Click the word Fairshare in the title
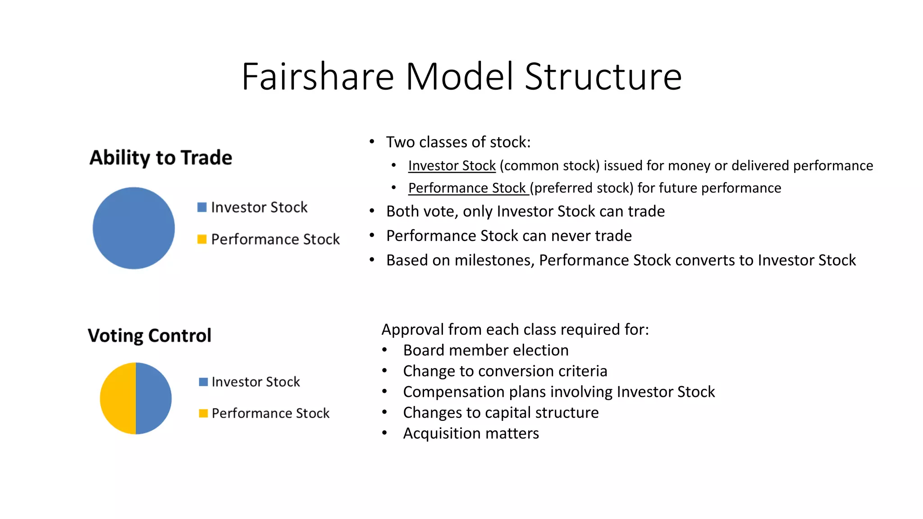coord(318,77)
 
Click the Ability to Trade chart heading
coord(160,158)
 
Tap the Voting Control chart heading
coord(149,336)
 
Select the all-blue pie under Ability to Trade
coord(134,228)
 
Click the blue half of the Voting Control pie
coord(154,398)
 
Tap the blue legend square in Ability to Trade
coord(202,207)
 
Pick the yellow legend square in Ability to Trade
coord(202,239)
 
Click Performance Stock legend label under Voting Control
coord(270,413)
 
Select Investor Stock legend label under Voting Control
coord(256,382)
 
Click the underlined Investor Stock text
coord(452,166)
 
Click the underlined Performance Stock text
coord(467,188)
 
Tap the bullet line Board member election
coord(485,350)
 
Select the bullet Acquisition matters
coord(471,433)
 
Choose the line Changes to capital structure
coord(501,413)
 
